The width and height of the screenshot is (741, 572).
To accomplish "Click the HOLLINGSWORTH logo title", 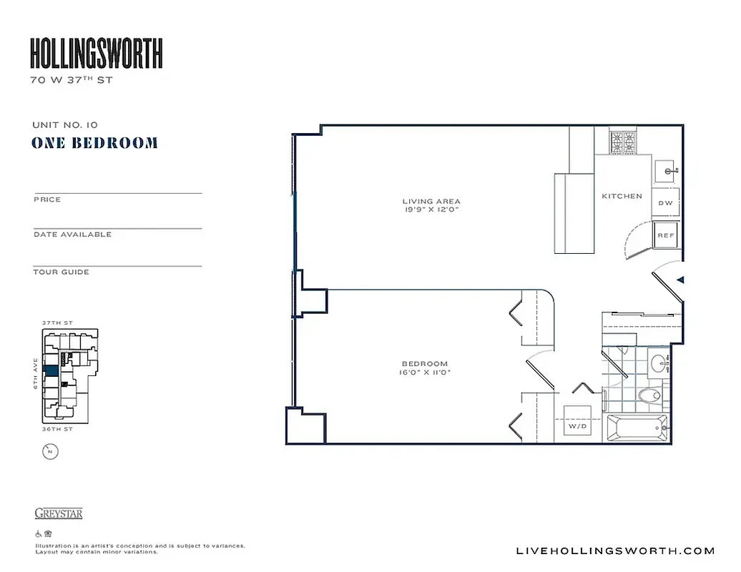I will (x=97, y=54).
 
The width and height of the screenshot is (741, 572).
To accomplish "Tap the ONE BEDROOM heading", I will (x=94, y=143).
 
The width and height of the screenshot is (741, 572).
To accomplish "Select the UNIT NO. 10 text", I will (x=65, y=125).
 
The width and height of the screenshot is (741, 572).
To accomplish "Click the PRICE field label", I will (x=47, y=199).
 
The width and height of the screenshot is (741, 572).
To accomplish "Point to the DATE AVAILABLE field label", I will (x=72, y=235).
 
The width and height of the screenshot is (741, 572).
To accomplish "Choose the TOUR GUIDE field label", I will (x=61, y=272).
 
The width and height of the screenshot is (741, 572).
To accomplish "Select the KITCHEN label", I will (x=622, y=196).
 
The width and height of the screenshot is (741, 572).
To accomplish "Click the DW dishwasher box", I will (x=665, y=203).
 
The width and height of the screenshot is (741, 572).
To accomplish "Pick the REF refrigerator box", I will (x=666, y=235).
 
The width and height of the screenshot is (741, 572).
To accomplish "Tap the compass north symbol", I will (x=50, y=451).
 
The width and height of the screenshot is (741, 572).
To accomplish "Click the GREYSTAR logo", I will (x=59, y=513).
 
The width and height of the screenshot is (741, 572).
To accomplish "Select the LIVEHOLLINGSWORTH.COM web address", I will (x=615, y=551).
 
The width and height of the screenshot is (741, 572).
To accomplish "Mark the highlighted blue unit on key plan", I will (x=51, y=371).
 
